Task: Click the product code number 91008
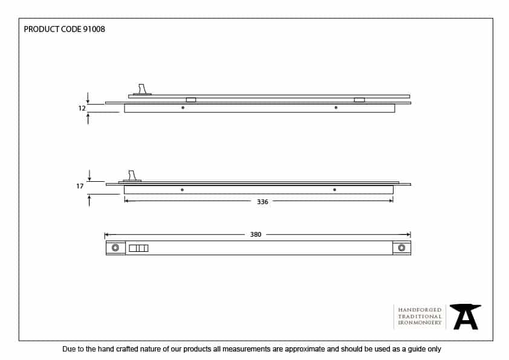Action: click(x=93, y=29)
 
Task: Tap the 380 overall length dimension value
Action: click(x=256, y=234)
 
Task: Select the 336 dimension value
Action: click(x=262, y=202)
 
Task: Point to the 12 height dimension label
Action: click(x=81, y=108)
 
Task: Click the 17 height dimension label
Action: click(x=80, y=187)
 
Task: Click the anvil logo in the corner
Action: click(x=465, y=317)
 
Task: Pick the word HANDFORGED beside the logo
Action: click(x=420, y=310)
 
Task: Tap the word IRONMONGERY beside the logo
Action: click(x=420, y=323)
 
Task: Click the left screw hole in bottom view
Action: click(x=115, y=248)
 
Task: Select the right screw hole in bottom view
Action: click(x=401, y=248)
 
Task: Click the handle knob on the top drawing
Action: click(x=143, y=89)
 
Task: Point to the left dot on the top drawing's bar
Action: click(x=183, y=108)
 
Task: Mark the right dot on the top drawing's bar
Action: click(x=336, y=108)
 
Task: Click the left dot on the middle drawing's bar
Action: click(x=182, y=190)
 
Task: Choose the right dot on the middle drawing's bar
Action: click(x=334, y=190)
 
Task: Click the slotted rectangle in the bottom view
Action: click(x=138, y=248)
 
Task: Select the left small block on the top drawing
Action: click(x=191, y=100)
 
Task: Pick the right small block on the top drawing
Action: click(x=359, y=100)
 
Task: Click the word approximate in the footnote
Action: click(x=301, y=349)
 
